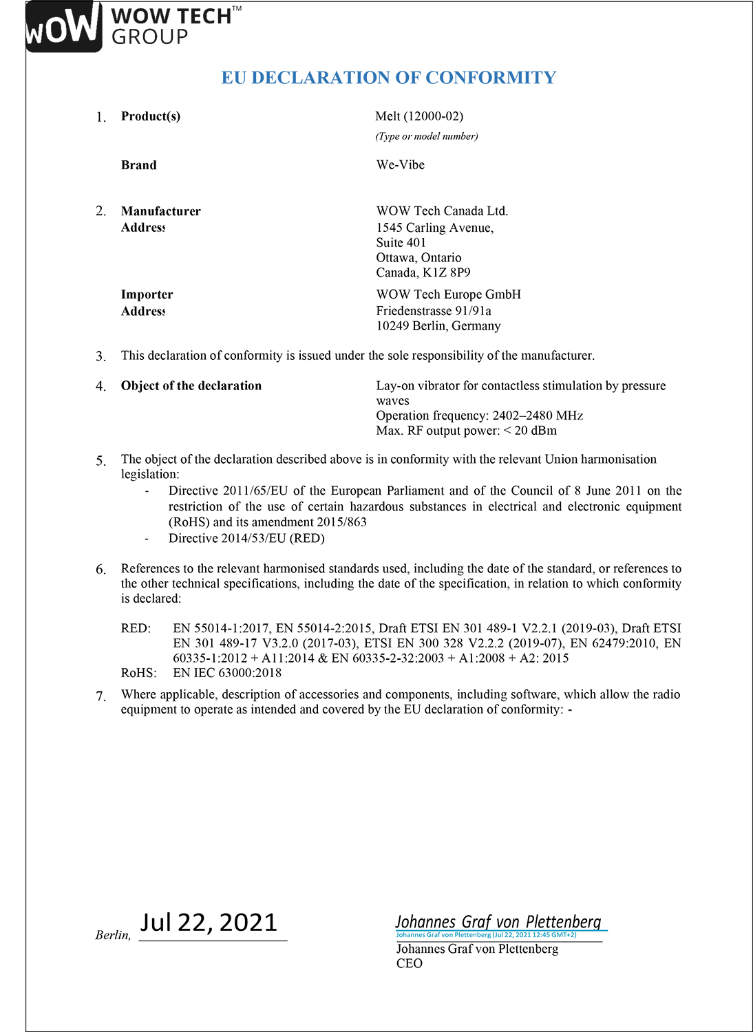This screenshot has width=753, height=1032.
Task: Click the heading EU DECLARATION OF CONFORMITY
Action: [x=388, y=78]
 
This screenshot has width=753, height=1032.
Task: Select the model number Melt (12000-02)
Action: [x=419, y=116]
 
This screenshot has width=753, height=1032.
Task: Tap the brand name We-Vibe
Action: [x=400, y=165]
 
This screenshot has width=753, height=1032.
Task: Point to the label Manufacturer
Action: [x=161, y=211]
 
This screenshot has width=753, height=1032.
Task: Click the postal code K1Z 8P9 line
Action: [x=423, y=272]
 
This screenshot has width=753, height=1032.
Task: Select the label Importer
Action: [x=147, y=294]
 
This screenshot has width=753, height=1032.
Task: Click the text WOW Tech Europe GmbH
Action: [x=448, y=294]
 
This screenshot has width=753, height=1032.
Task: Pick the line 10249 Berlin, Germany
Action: [x=438, y=326]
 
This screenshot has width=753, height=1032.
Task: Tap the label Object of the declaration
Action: [x=191, y=386]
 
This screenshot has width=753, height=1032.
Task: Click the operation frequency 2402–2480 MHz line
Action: [x=479, y=416]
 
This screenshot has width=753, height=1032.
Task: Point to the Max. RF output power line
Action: [x=466, y=431]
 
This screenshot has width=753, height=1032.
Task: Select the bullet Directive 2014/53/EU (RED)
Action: [x=246, y=538]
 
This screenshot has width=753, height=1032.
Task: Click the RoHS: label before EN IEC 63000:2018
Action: [x=138, y=673]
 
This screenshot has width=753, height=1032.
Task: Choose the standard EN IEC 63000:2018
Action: [x=227, y=673]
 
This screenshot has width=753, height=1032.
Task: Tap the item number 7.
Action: [x=101, y=696]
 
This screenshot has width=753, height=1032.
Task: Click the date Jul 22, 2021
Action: [x=209, y=923]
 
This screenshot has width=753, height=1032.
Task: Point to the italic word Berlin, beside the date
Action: [x=113, y=935]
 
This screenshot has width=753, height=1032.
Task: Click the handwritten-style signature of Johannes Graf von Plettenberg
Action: [x=498, y=922]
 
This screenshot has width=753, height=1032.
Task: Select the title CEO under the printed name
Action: [x=410, y=964]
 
